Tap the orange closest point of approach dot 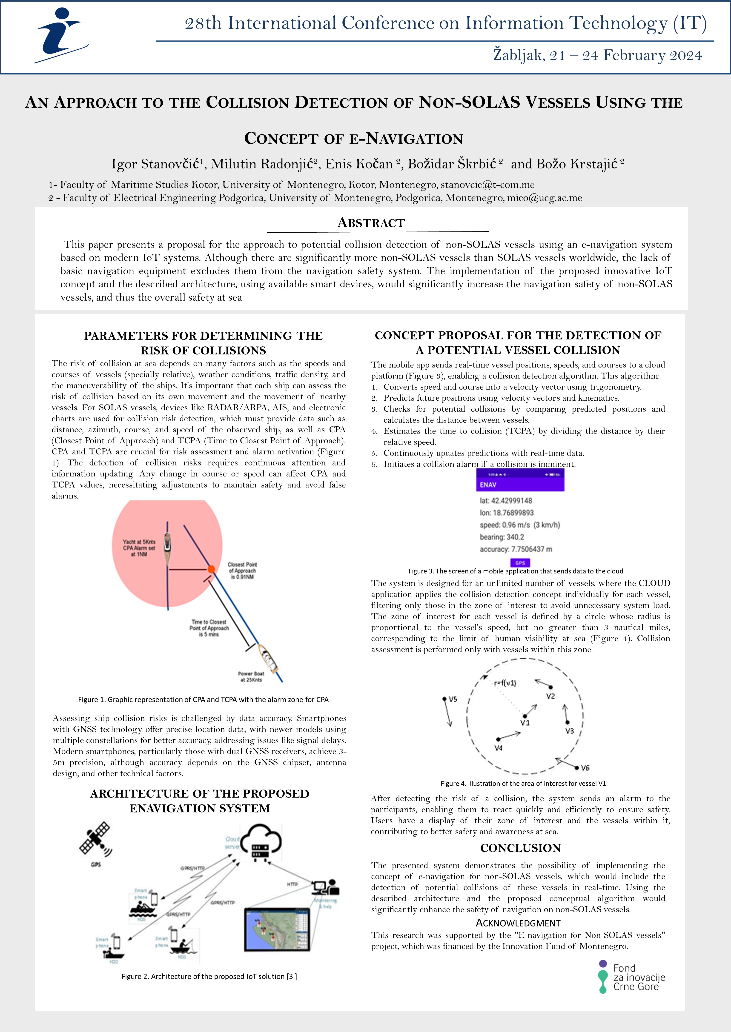pyautogui.click(x=211, y=570)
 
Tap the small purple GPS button pyautogui.click(x=520, y=563)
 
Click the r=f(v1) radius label pyautogui.click(x=505, y=683)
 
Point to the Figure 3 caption pyautogui.click(x=515, y=571)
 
